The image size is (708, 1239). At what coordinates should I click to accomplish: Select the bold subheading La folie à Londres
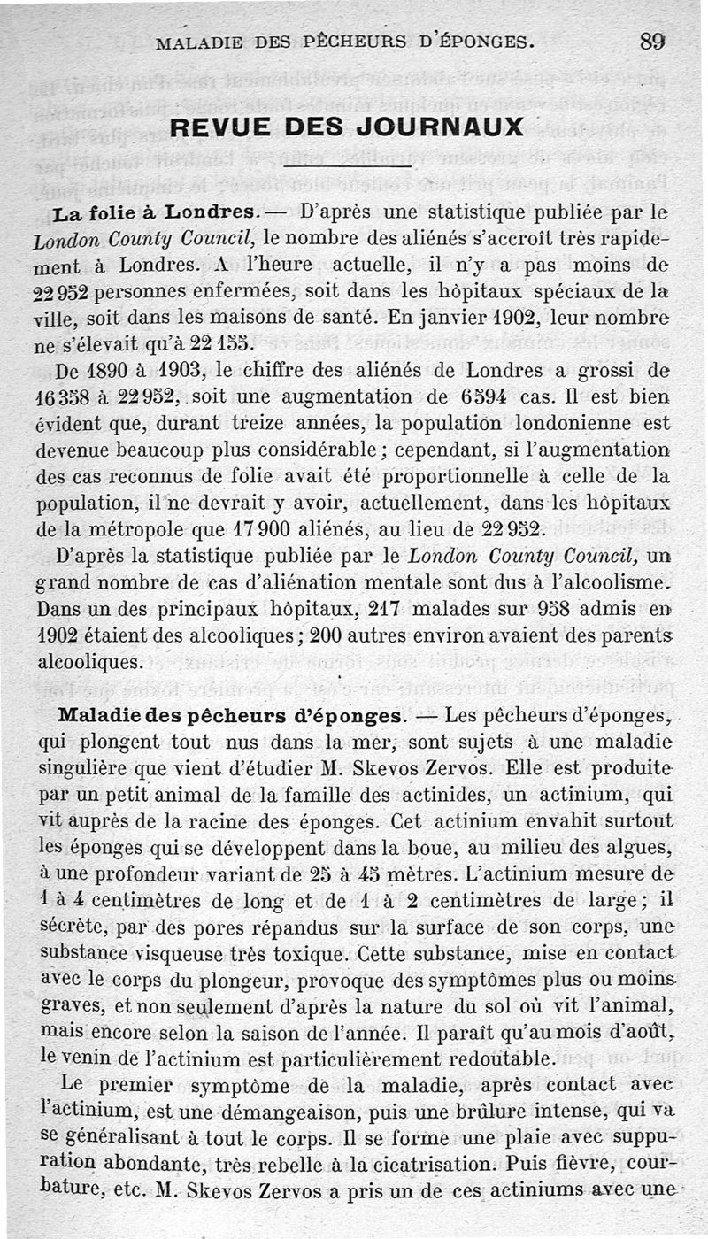point(156,212)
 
